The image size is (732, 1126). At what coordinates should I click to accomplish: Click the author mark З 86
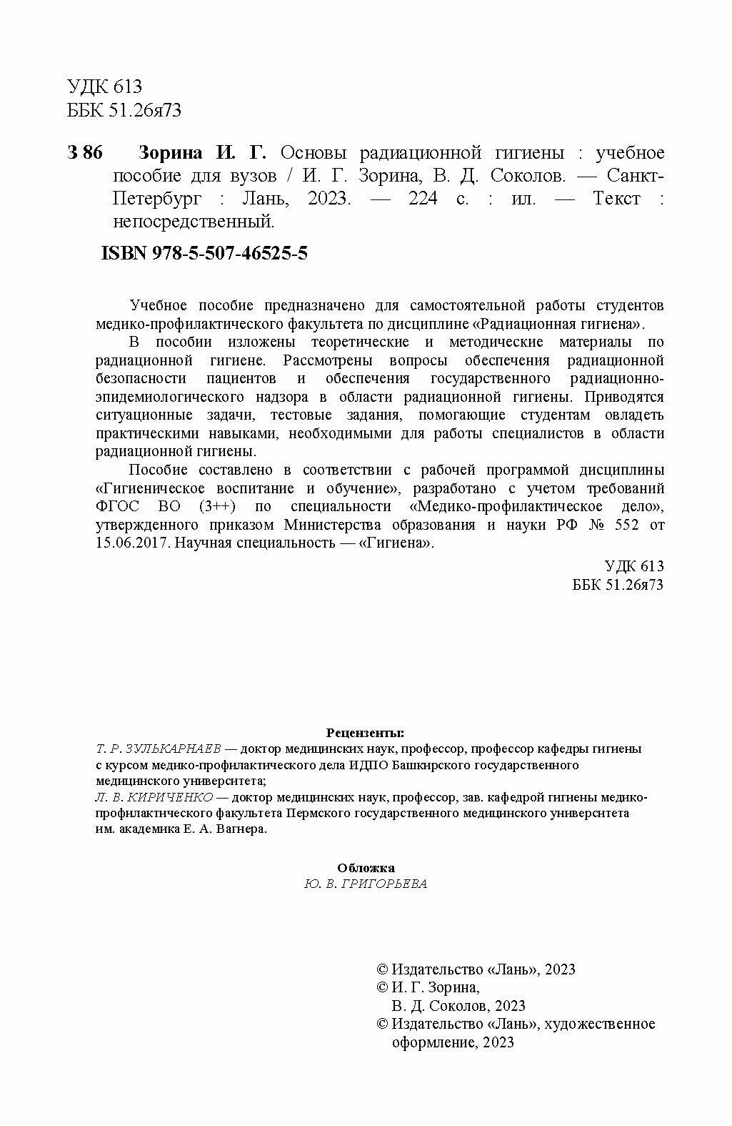(x=85, y=154)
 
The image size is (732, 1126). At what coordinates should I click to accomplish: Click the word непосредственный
(x=193, y=222)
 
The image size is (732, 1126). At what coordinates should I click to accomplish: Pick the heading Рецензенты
(x=365, y=733)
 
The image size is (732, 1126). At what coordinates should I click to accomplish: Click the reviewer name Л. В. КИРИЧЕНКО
(x=153, y=797)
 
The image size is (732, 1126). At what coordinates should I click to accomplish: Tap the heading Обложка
(x=366, y=868)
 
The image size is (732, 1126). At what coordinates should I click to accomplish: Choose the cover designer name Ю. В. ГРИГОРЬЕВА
(x=366, y=884)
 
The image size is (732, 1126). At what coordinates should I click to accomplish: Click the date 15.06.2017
(x=127, y=543)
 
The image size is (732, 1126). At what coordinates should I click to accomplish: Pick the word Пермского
(x=320, y=814)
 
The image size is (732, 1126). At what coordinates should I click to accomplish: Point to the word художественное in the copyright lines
(x=599, y=1024)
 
